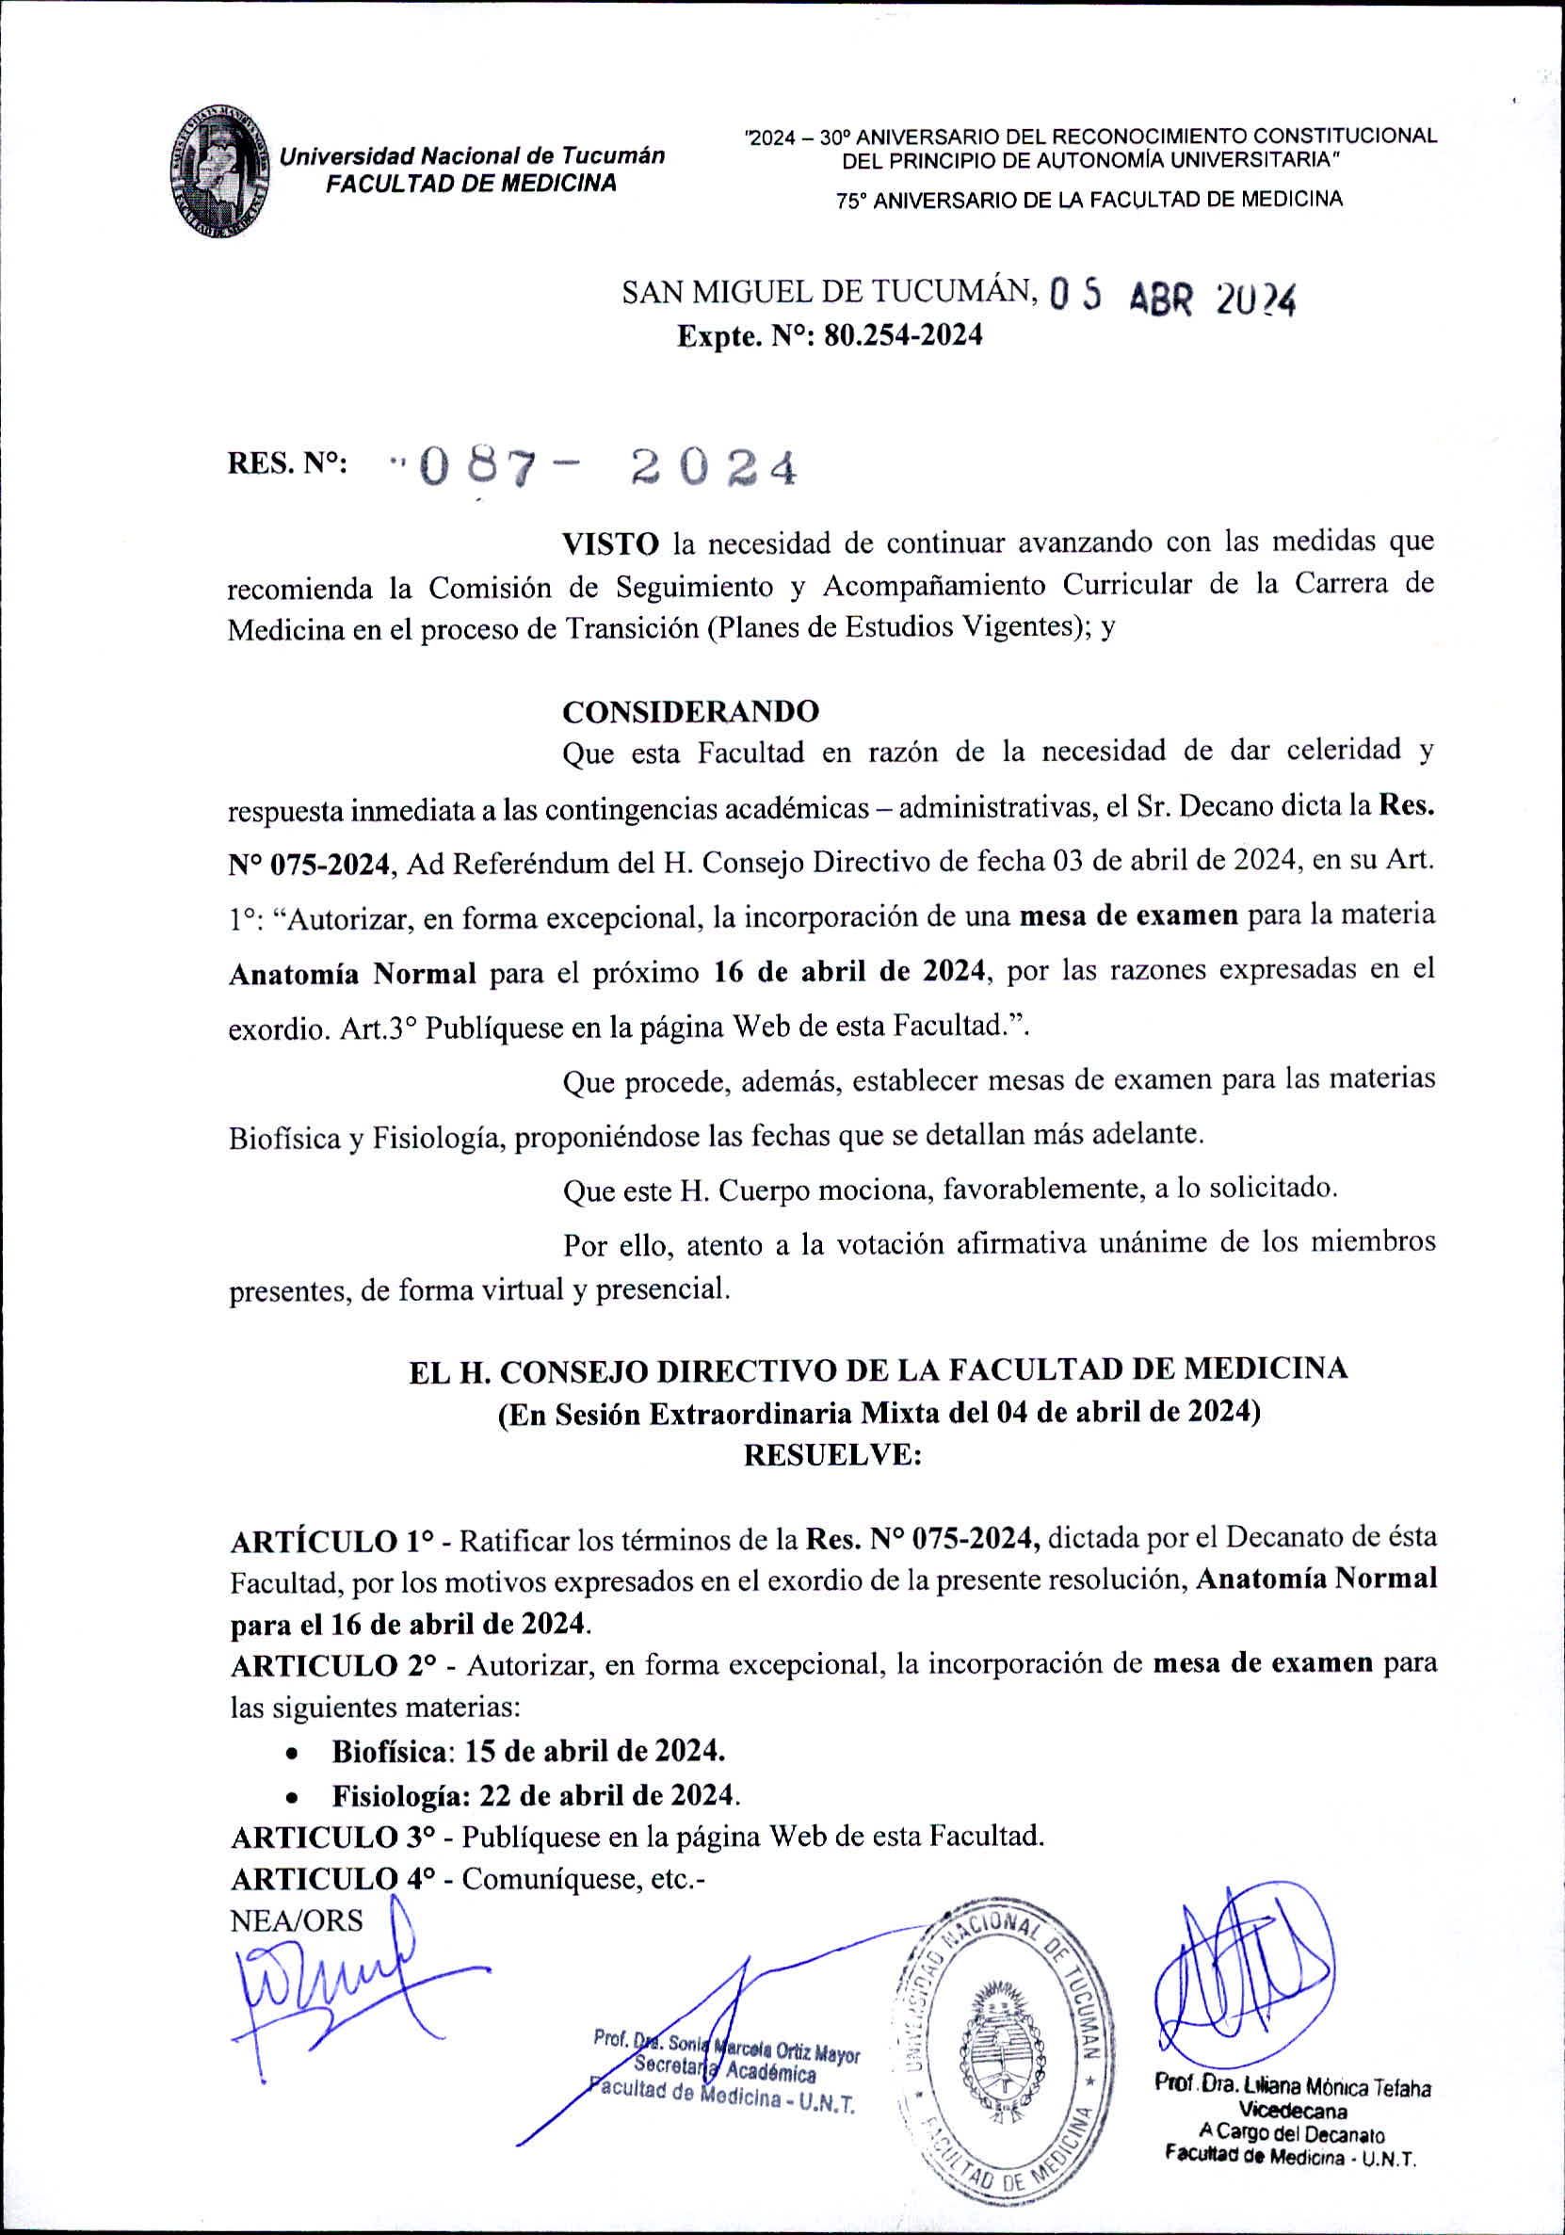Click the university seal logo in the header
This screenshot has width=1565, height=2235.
[x=220, y=171]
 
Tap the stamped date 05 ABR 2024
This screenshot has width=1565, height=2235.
[x=1172, y=298]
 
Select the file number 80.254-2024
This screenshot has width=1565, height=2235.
[x=903, y=336]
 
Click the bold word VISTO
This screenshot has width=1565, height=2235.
[x=610, y=543]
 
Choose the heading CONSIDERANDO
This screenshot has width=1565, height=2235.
[x=690, y=712]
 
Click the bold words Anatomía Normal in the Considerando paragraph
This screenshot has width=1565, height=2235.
[x=352, y=974]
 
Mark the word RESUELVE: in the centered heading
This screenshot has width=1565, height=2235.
[x=831, y=1455]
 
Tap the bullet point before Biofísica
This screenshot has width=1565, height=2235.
[x=291, y=1753]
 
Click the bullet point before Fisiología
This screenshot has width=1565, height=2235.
[x=291, y=1797]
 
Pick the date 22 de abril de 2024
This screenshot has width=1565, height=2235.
[x=608, y=1794]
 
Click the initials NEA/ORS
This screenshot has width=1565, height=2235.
[x=296, y=1920]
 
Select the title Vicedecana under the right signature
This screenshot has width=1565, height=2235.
[x=1292, y=2112]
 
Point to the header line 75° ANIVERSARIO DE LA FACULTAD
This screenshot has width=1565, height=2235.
[x=1089, y=201]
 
